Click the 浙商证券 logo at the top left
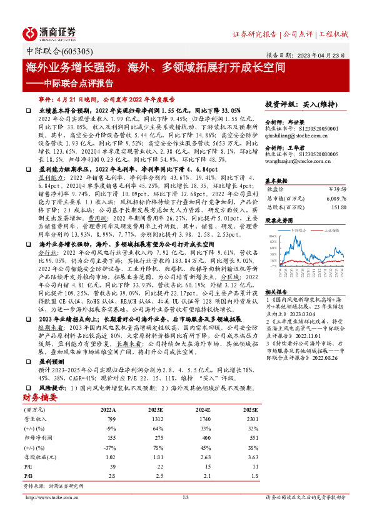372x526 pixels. [x=49, y=32]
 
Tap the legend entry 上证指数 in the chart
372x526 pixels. [x=333, y=230]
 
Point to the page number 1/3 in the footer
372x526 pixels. [x=185, y=497]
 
